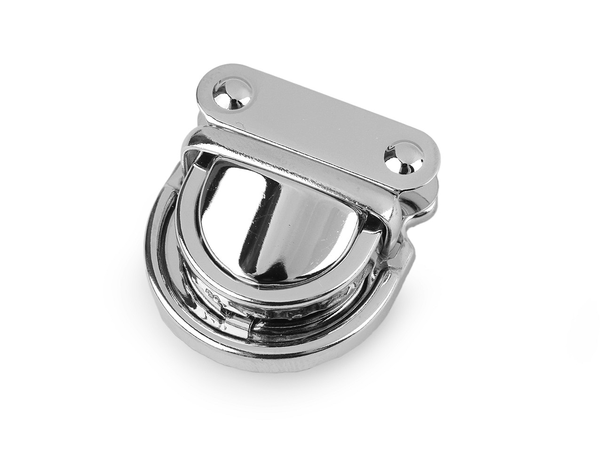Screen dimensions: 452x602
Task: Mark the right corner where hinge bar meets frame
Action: pyautogui.click(x=395, y=207)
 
